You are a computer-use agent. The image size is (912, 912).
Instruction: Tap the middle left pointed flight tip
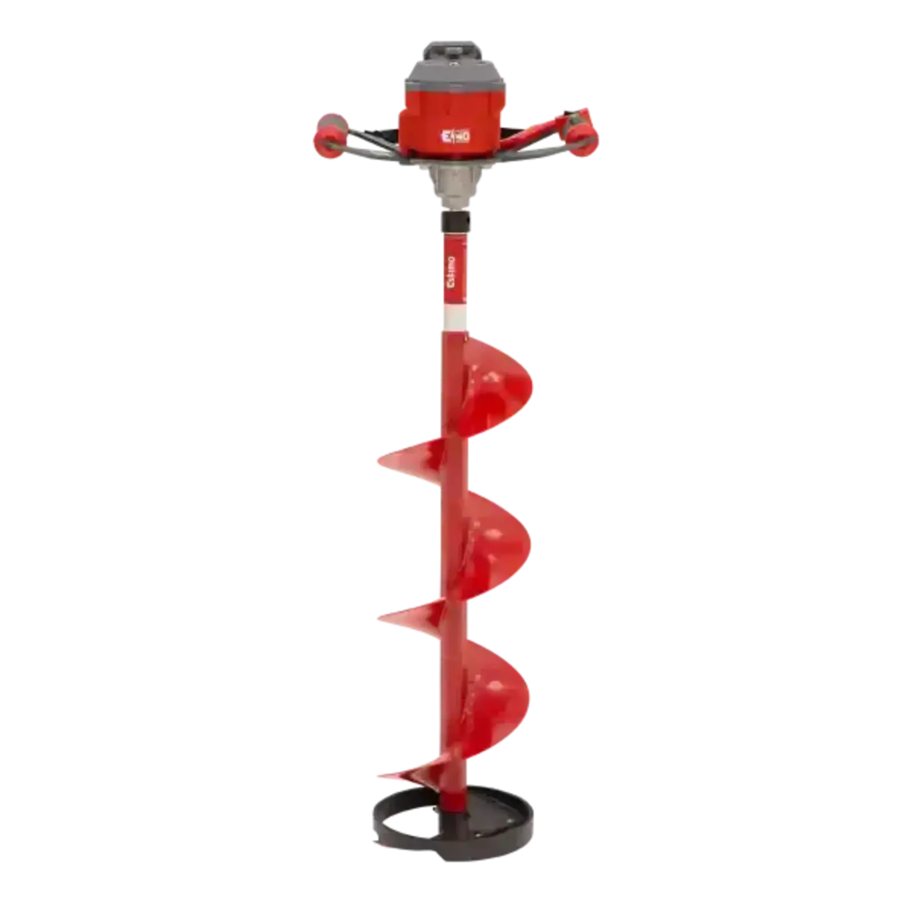tap(386, 617)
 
